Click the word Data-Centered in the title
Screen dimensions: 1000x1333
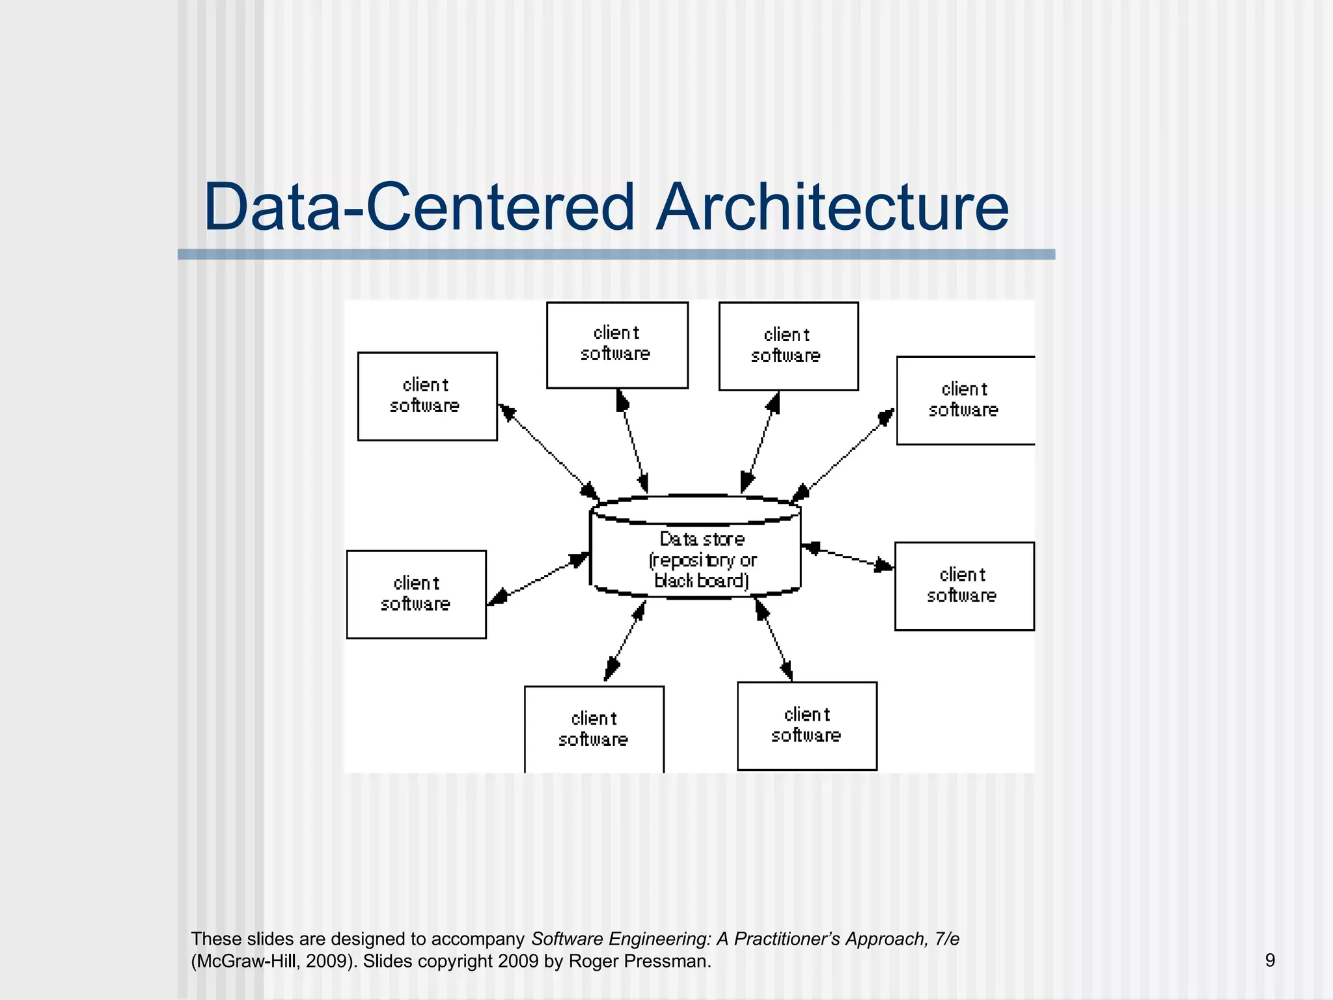419,207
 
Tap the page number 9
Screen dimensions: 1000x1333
1270,960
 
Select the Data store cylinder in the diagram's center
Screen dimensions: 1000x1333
695,547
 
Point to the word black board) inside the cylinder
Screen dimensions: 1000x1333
702,580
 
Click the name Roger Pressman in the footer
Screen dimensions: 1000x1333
639,961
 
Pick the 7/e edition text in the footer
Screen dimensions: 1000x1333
946,939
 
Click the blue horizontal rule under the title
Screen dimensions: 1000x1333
616,255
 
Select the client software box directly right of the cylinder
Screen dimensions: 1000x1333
964,586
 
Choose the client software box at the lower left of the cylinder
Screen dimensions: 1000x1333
417,594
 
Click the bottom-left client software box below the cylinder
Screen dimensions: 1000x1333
594,729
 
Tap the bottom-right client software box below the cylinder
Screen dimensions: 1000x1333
806,725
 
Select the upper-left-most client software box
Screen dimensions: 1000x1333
427,396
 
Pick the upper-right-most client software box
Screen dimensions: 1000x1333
965,400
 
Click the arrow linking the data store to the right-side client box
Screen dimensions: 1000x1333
847,557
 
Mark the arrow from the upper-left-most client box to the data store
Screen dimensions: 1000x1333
548,452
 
